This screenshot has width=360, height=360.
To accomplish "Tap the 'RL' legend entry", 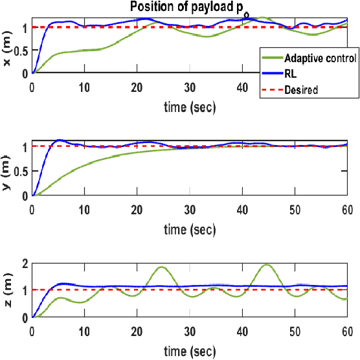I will click(291, 74).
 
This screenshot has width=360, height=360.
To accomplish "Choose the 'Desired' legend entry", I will click(301, 90).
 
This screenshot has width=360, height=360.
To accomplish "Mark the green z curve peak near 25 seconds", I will click(161, 267).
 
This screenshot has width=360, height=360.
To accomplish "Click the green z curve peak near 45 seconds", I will click(267, 264).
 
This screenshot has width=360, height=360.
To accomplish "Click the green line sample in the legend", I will click(271, 58).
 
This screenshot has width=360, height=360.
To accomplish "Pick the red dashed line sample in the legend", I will click(271, 90).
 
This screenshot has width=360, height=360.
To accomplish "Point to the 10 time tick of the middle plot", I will click(84, 207).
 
